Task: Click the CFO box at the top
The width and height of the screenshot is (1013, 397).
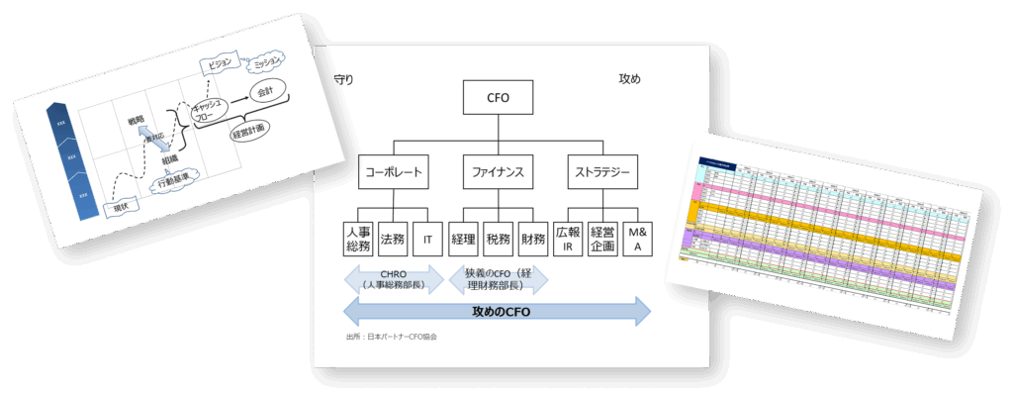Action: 498,98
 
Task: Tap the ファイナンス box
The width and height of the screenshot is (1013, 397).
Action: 498,173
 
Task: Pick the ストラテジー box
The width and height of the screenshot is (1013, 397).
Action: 603,173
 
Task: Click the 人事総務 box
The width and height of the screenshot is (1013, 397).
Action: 357,239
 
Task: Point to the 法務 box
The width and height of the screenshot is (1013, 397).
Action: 393,239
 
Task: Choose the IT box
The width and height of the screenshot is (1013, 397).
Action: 427,239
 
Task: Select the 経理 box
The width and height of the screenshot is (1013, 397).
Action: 464,239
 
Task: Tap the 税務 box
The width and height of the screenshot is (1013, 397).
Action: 498,239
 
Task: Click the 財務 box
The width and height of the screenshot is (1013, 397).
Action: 532,239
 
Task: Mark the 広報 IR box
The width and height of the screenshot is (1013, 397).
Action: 568,239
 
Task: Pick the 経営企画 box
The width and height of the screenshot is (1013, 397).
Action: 602,239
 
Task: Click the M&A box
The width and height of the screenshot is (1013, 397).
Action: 637,239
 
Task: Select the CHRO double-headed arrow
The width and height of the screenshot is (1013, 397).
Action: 393,279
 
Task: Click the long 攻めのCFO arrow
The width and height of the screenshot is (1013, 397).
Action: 497,312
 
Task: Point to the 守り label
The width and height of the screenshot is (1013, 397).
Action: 343,79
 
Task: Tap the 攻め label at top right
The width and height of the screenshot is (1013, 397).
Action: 629,79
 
